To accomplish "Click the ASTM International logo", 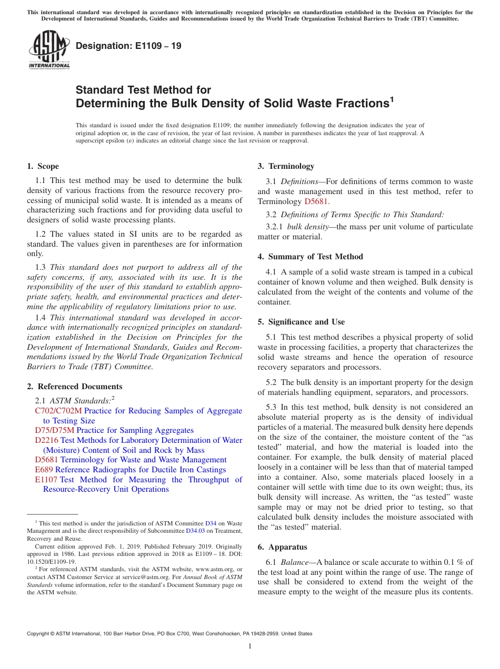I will pyautogui.click(x=49, y=50).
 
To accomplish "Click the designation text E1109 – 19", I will pyautogui.click(x=128, y=46).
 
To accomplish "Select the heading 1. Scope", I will pyautogui.click(x=43, y=166).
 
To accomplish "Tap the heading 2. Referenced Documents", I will pyautogui.click(x=74, y=387).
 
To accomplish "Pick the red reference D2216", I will pyautogui.click(x=46, y=440).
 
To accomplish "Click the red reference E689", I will pyautogui.click(x=44, y=470).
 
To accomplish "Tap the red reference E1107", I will pyautogui.click(x=46, y=480).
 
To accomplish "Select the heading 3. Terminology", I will pyautogui.click(x=286, y=166).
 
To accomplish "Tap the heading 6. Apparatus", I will pyautogui.click(x=282, y=547).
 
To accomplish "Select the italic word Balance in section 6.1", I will pyautogui.click(x=294, y=562).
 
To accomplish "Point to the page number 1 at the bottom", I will pyautogui.click(x=250, y=646).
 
